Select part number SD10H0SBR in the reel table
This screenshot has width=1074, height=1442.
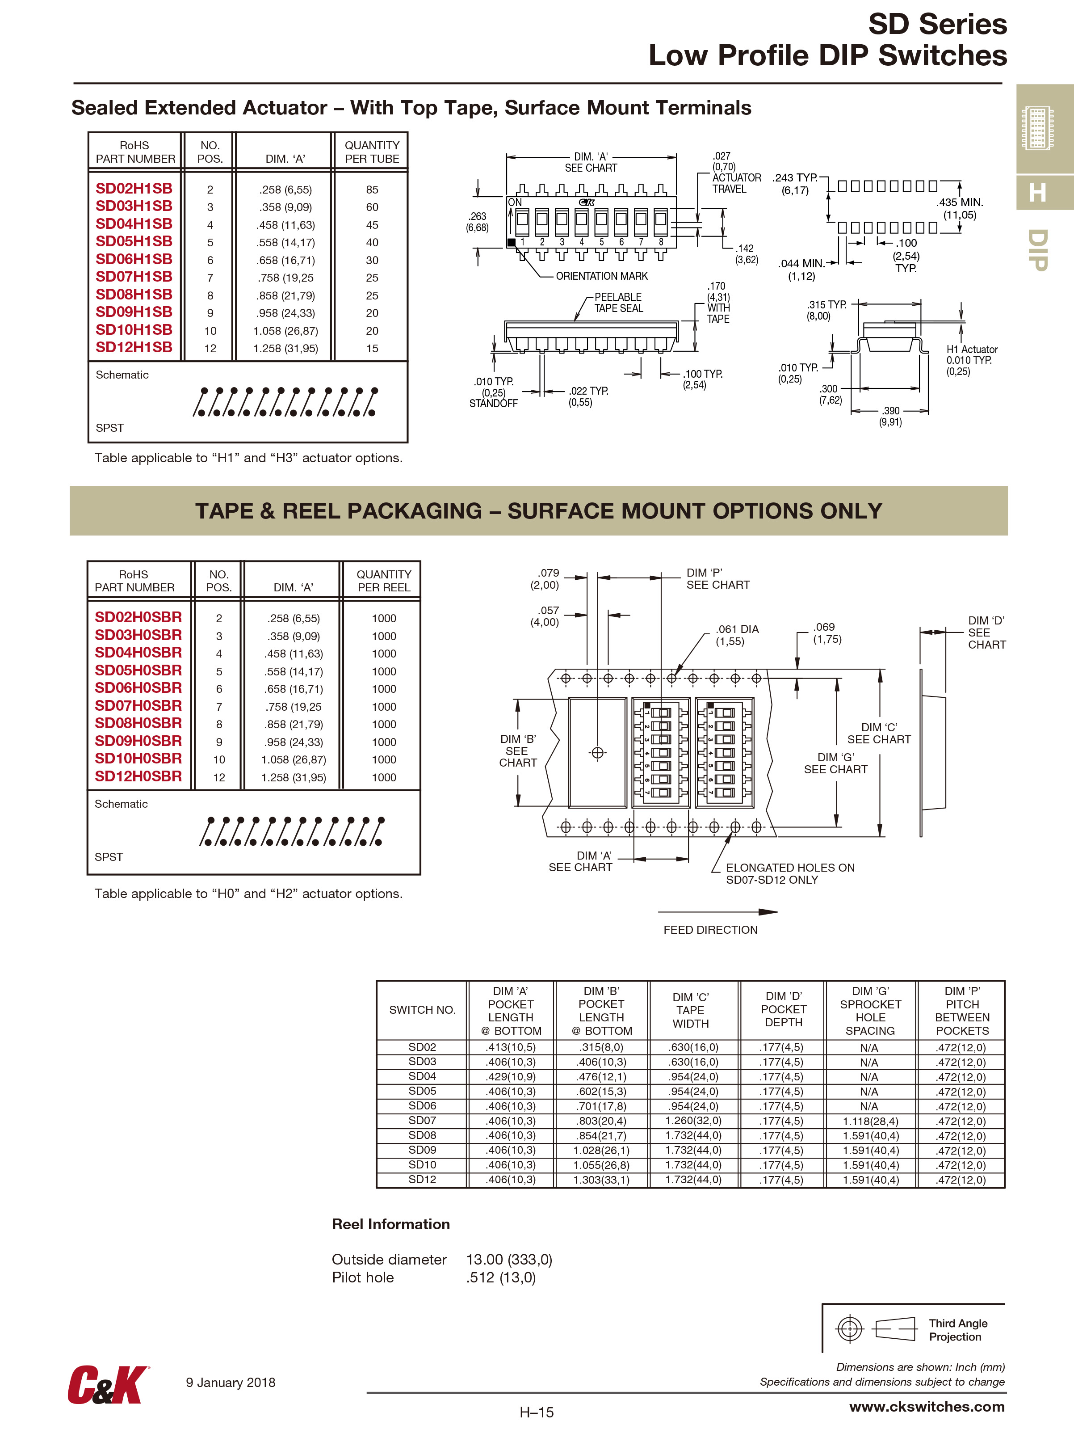pyautogui.click(x=138, y=759)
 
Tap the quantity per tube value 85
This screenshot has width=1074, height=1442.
pyautogui.click(x=372, y=189)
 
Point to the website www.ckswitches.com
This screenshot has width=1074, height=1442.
pyautogui.click(x=927, y=1406)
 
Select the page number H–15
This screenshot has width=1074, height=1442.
pyautogui.click(x=537, y=1412)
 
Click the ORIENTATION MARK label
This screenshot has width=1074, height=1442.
pyautogui.click(x=601, y=276)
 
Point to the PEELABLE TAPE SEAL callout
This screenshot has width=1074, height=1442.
pyautogui.click(x=617, y=303)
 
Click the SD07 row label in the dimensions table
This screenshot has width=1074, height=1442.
pyautogui.click(x=422, y=1120)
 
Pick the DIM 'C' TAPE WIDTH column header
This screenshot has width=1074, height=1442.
pyautogui.click(x=690, y=1010)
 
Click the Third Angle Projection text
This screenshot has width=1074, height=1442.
pyautogui.click(x=958, y=1329)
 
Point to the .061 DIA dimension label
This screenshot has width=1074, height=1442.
pyautogui.click(x=737, y=635)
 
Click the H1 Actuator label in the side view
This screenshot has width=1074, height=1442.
pyautogui.click(x=971, y=349)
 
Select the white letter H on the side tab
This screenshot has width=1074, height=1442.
pyautogui.click(x=1038, y=193)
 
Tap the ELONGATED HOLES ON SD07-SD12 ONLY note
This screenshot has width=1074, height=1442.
pyautogui.click(x=790, y=873)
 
